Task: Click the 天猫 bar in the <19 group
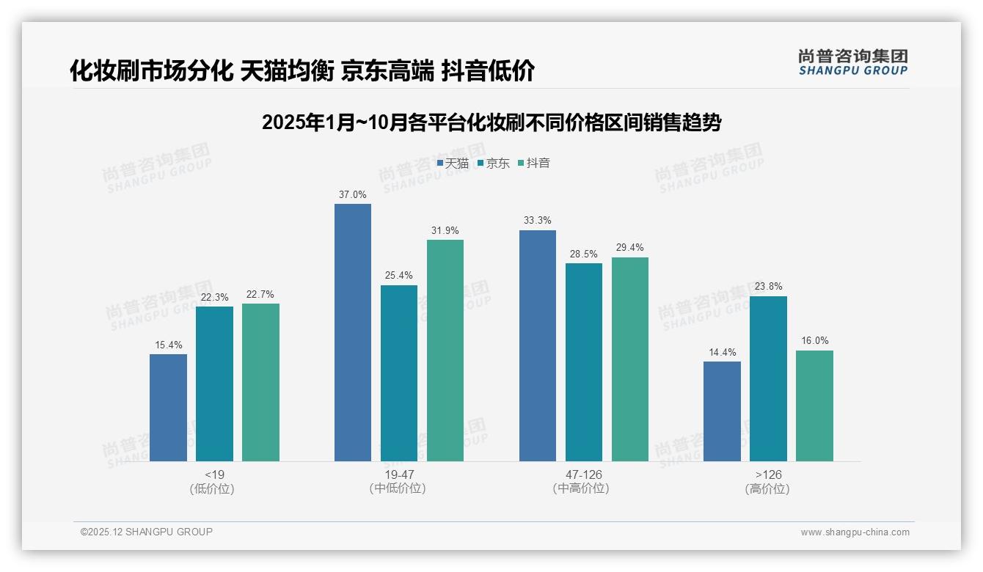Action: [168, 408]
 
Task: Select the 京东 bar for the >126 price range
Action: [768, 378]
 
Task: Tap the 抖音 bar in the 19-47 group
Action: [445, 351]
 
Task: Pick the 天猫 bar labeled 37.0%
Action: [353, 332]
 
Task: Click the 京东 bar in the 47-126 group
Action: [583, 362]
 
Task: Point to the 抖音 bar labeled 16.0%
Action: [814, 406]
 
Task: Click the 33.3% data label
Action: [538, 221]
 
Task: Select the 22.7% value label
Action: [260, 294]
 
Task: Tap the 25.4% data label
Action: [399, 276]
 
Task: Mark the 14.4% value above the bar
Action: [722, 352]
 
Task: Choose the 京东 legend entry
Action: [493, 163]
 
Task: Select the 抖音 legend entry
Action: [534, 163]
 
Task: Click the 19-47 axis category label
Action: [399, 474]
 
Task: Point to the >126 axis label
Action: [768, 474]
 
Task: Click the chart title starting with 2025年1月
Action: [491, 122]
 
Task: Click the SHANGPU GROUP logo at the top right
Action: [852, 62]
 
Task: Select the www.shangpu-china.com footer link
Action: [855, 532]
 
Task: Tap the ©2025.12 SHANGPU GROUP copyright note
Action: [147, 532]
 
